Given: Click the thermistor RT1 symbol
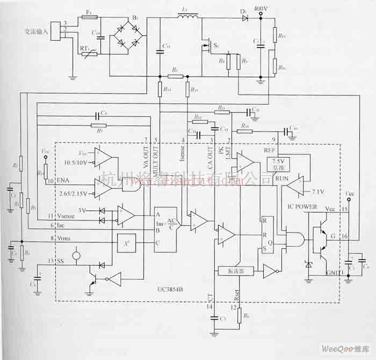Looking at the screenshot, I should (88, 52).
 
